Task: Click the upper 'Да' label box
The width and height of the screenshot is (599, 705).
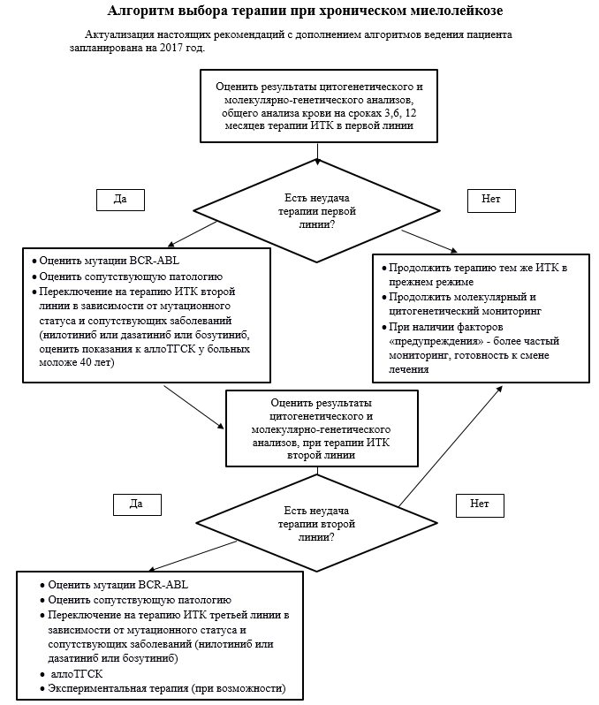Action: pyautogui.click(x=120, y=200)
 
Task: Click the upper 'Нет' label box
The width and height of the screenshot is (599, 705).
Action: pyautogui.click(x=491, y=200)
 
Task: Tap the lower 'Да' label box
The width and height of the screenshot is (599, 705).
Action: pyautogui.click(x=137, y=504)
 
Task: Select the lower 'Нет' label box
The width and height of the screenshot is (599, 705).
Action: pyautogui.click(x=480, y=504)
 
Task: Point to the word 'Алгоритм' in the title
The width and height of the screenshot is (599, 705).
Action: pyautogui.click(x=143, y=11)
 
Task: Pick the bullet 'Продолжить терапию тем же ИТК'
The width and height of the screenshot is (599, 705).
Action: pyautogui.click(x=476, y=267)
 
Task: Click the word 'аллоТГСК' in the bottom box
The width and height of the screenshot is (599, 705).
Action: pyautogui.click(x=76, y=673)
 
